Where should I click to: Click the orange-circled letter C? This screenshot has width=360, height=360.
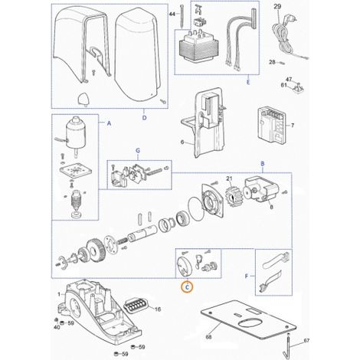click(x=187, y=287)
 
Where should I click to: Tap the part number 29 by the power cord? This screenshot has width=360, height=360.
click(x=277, y=7)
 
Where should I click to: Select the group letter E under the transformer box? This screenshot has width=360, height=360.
click(x=248, y=82)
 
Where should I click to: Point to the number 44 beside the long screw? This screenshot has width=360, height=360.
click(x=172, y=14)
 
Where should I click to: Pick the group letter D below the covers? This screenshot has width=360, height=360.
click(x=145, y=118)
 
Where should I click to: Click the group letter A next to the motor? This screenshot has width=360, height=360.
click(x=109, y=123)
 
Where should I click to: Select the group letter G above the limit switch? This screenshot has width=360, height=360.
click(x=138, y=151)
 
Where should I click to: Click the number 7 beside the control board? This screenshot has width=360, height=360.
click(x=293, y=126)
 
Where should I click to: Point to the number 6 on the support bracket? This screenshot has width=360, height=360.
click(x=182, y=142)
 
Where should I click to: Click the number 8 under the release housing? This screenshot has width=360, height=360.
click(x=271, y=207)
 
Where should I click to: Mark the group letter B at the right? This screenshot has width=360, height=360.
click(x=263, y=164)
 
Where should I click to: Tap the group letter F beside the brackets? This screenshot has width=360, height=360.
click(x=247, y=276)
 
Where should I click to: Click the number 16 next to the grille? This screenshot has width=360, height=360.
click(x=158, y=309)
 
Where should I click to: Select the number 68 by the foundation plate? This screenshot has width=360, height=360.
click(x=208, y=337)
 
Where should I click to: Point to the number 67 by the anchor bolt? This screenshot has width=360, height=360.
click(x=306, y=341)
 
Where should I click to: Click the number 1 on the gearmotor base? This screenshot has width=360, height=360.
click(x=59, y=294)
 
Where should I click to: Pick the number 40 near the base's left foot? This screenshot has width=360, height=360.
click(x=57, y=327)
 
